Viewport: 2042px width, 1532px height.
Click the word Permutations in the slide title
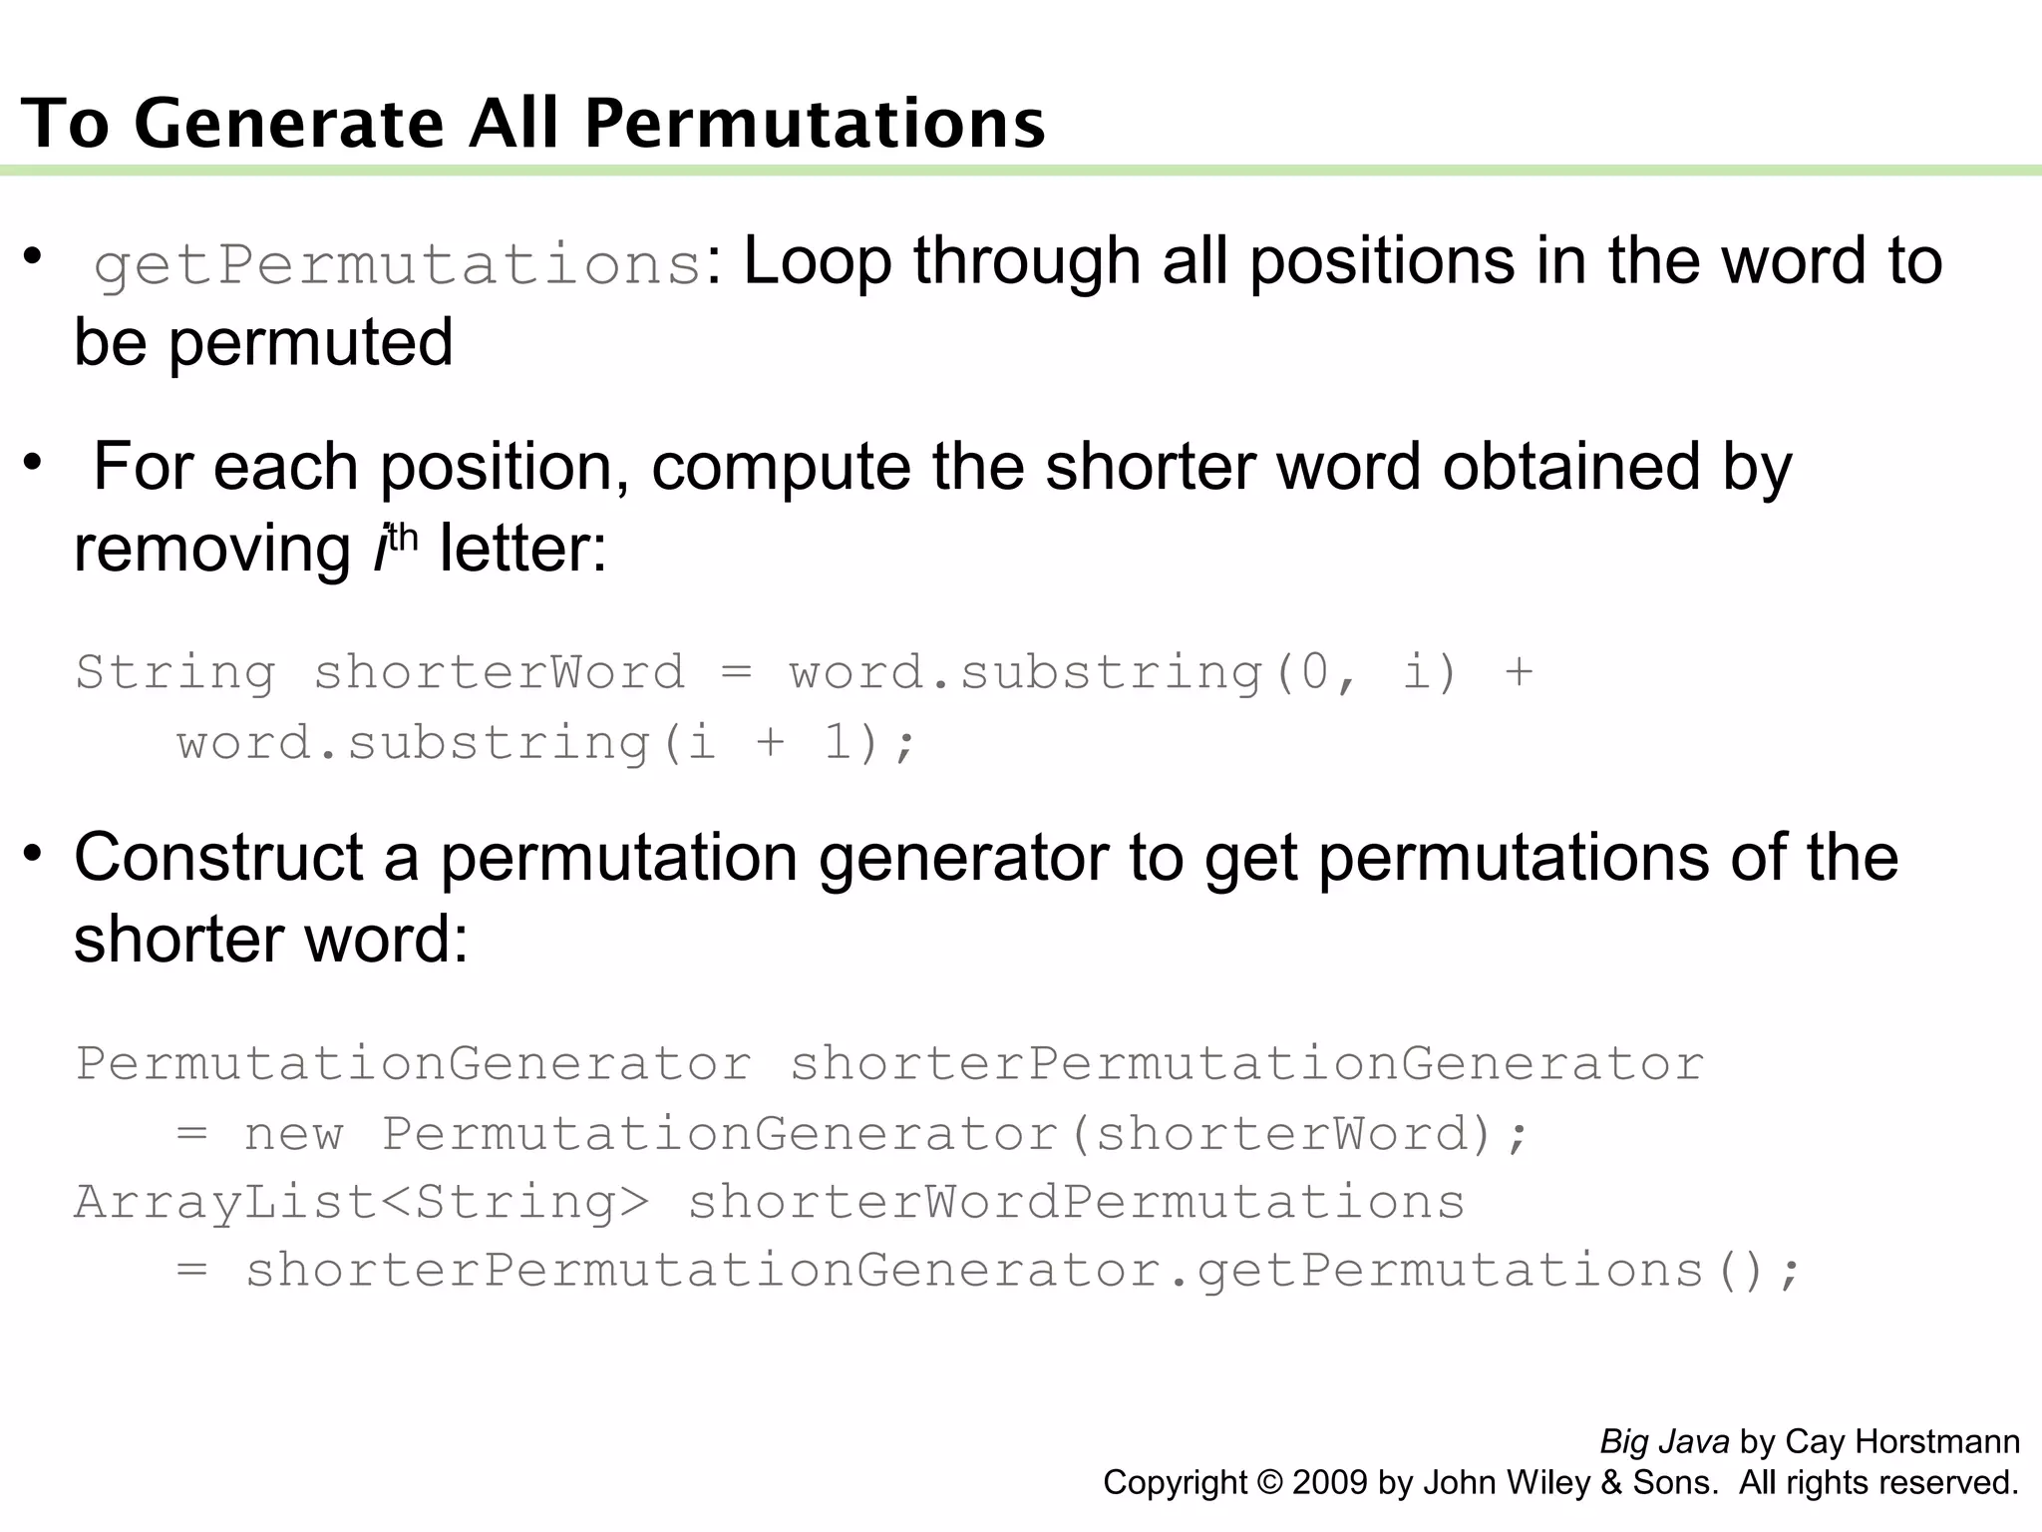815,124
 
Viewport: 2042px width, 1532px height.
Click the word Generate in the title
289,124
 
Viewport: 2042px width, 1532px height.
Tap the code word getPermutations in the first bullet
398,265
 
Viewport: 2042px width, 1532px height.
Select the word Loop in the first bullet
817,261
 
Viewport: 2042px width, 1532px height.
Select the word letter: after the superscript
522,549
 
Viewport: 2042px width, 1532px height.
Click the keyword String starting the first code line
175,672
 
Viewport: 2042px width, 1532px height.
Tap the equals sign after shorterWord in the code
736,672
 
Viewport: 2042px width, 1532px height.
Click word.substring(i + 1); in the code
545,744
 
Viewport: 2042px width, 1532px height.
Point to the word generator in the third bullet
963,860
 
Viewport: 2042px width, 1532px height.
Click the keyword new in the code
294,1135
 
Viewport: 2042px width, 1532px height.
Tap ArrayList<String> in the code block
361,1202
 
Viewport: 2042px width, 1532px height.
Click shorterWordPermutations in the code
1076,1202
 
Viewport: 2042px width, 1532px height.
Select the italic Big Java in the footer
1664,1441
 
